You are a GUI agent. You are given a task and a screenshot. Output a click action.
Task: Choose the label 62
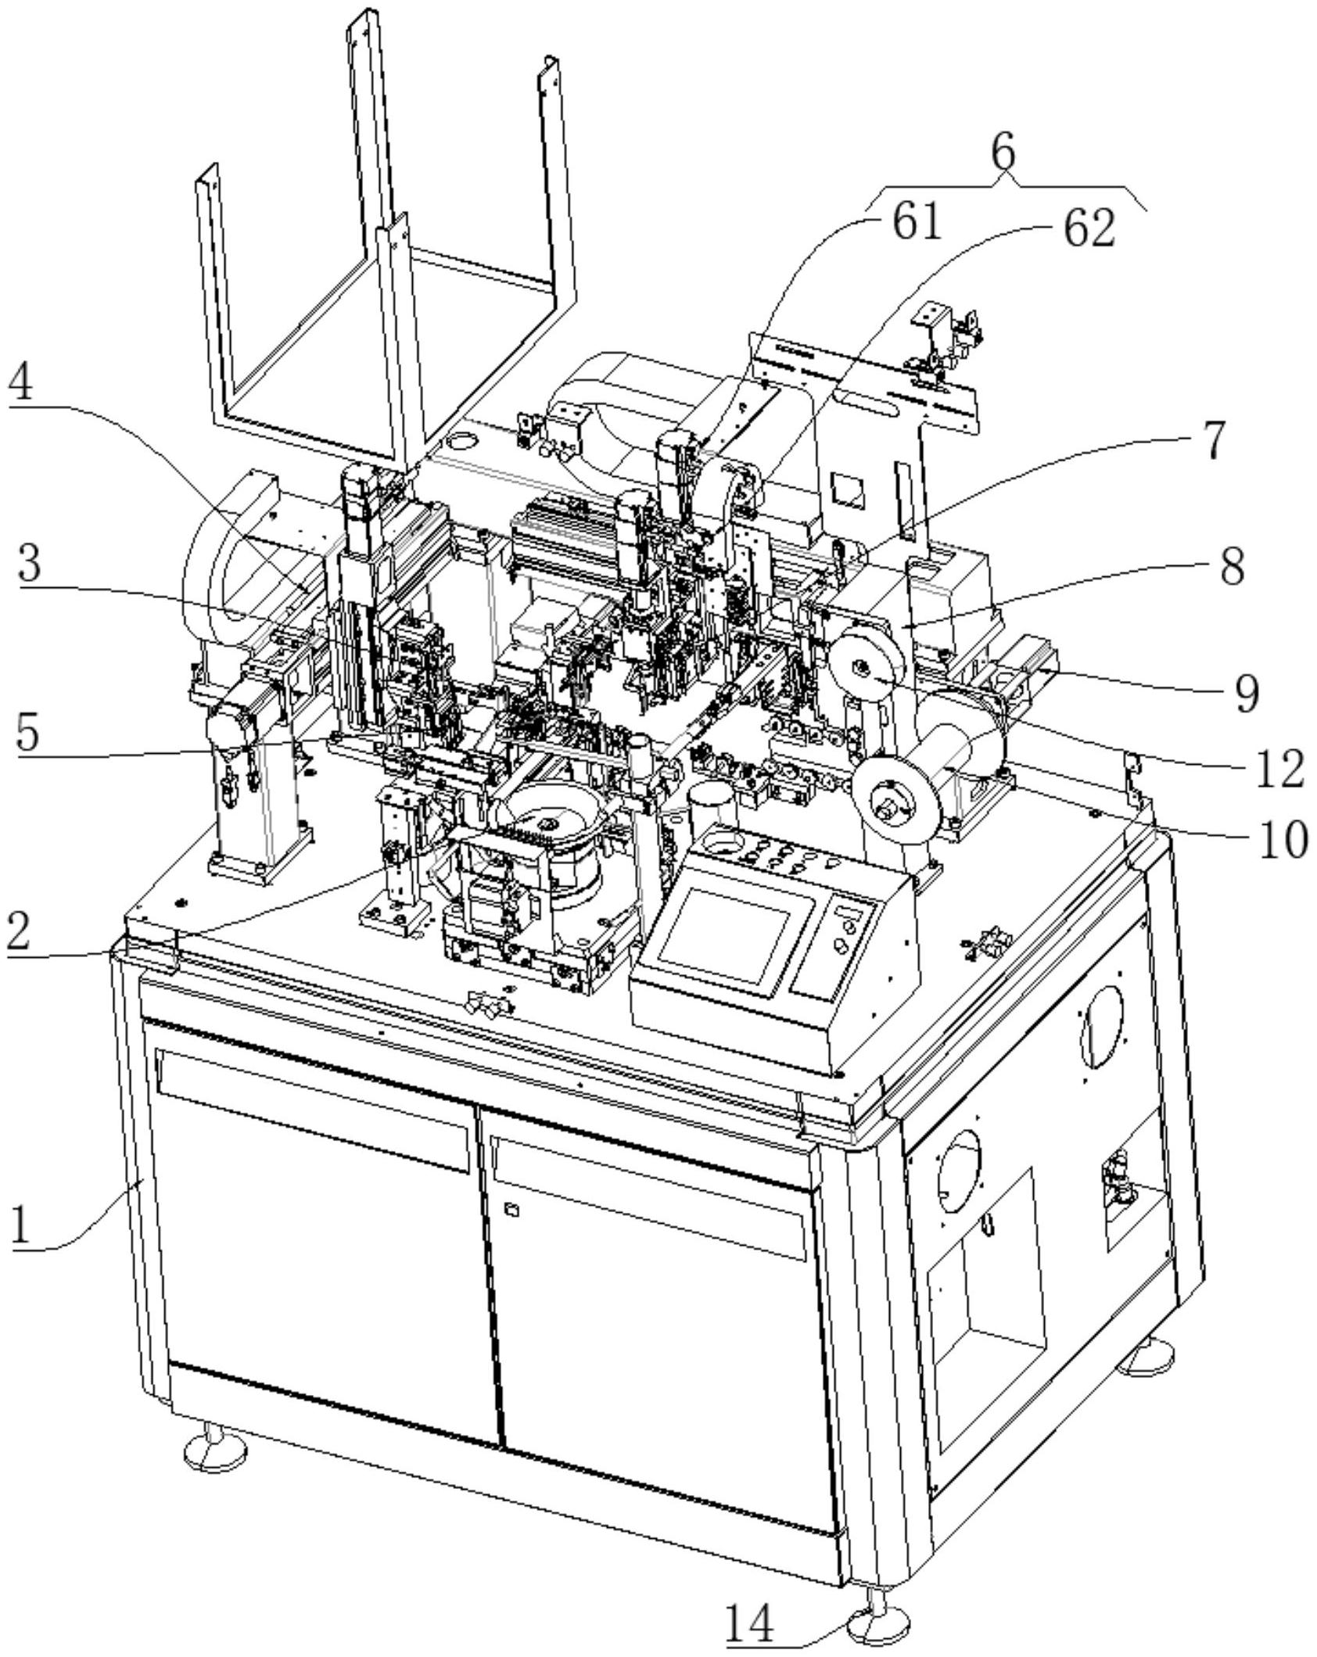point(1088,230)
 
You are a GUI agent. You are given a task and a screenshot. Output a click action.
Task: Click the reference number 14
point(750,1623)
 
